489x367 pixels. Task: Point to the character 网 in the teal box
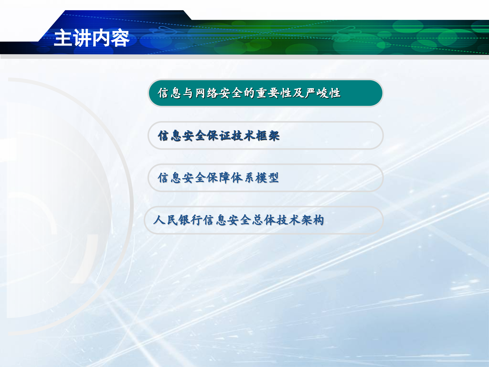pos(200,93)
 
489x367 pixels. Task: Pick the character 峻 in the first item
pos(322,93)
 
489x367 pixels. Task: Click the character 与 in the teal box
pos(188,93)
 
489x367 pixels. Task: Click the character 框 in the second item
pos(262,136)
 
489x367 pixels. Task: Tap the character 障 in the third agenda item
pos(225,178)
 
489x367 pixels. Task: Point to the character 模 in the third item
pos(261,178)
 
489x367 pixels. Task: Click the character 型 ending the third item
pos(273,178)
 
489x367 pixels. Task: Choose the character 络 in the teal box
pos(213,93)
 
